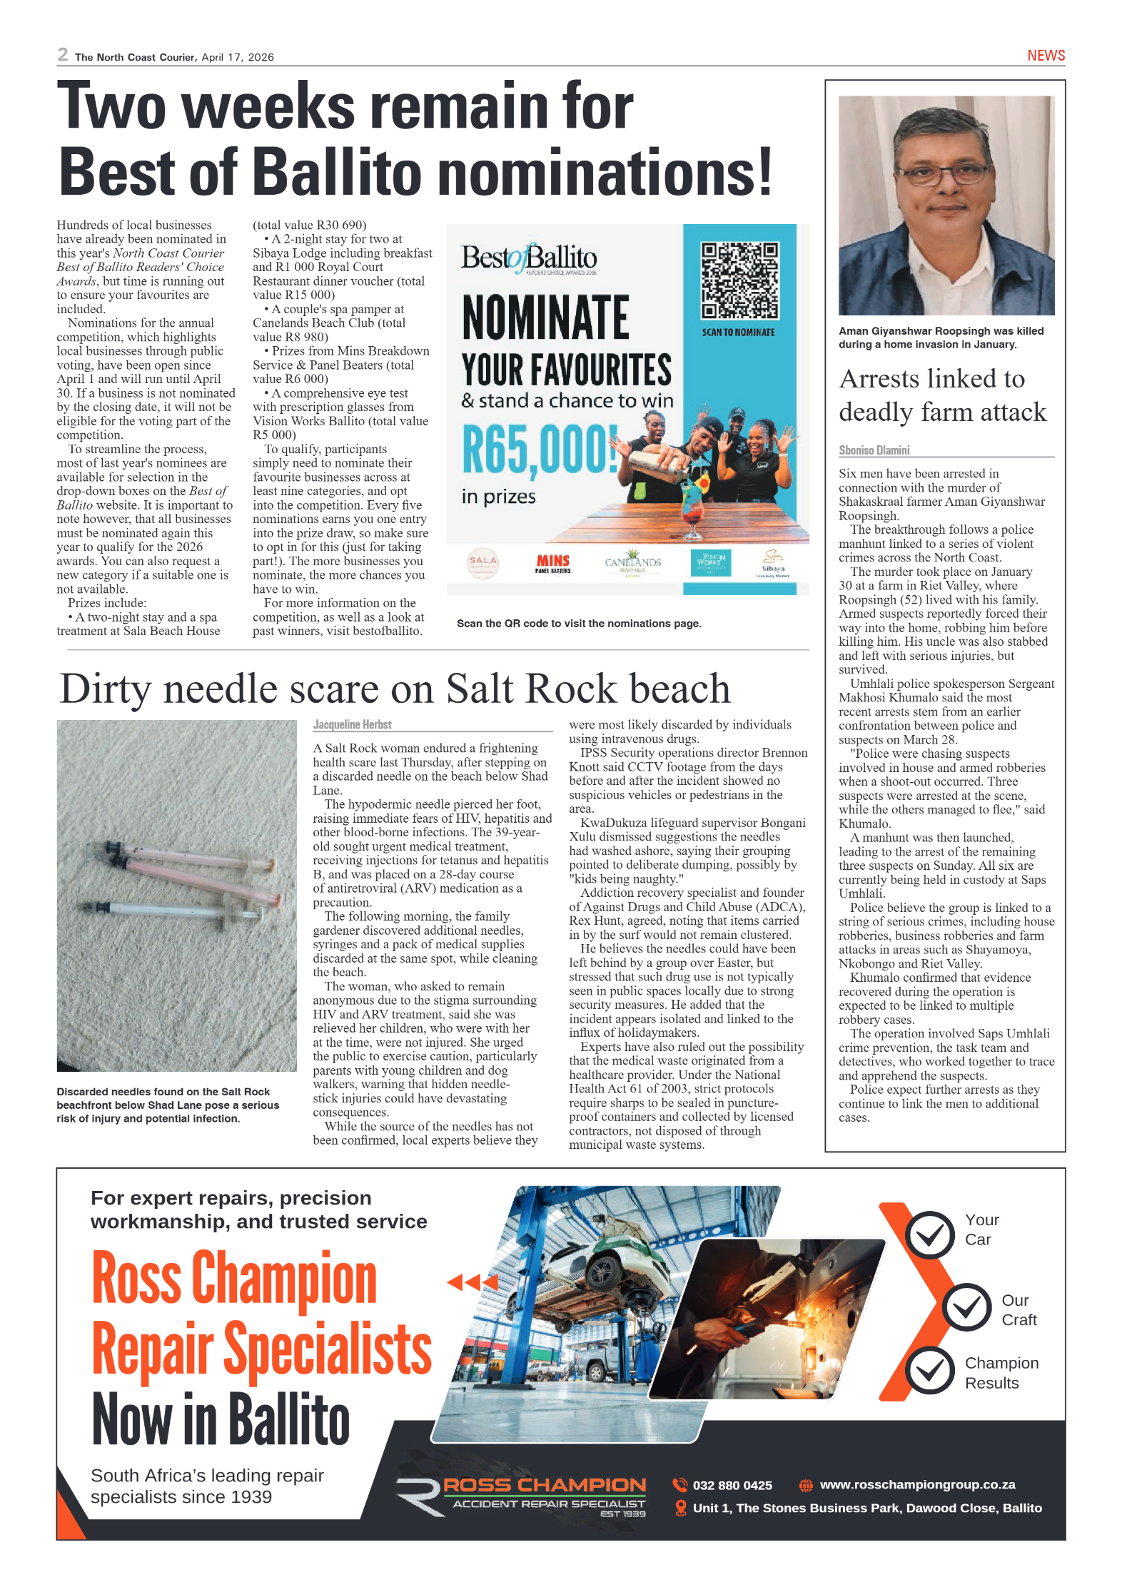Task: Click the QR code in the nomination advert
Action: tap(739, 280)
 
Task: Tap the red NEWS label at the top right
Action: tap(1046, 56)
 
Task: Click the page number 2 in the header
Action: tap(63, 55)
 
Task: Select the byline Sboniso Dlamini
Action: tap(874, 450)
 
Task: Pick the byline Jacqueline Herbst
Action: tap(352, 724)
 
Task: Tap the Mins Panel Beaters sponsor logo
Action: tap(552, 564)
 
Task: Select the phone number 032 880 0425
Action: tap(732, 1485)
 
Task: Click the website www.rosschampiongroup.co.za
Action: tap(917, 1484)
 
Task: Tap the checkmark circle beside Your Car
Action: tap(929, 1234)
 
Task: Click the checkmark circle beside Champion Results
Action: tap(929, 1370)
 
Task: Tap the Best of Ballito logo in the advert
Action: tap(528, 258)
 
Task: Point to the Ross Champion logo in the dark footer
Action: tap(521, 1496)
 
